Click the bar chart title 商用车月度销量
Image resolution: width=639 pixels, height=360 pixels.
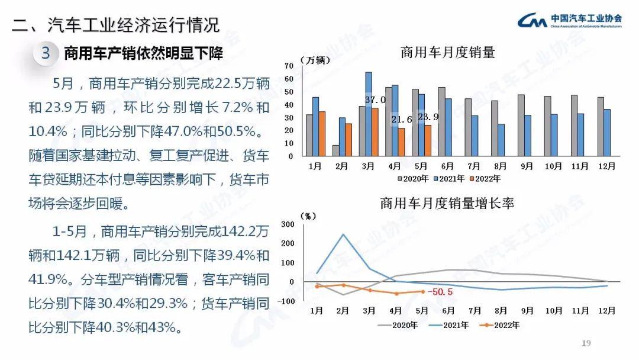(x=447, y=53)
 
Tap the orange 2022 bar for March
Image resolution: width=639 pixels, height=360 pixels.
(x=375, y=132)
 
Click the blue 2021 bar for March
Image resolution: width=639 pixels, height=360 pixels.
(x=369, y=114)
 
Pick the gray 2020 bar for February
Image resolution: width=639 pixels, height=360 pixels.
(x=336, y=151)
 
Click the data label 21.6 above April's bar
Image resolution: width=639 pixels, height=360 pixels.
(x=402, y=120)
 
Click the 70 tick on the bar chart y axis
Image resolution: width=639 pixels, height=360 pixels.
(x=289, y=66)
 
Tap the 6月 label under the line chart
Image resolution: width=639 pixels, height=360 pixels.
(x=448, y=310)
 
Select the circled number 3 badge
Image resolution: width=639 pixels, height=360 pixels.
(x=46, y=54)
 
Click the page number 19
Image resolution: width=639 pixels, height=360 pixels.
(x=587, y=343)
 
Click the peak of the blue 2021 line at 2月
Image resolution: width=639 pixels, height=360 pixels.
(x=343, y=234)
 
